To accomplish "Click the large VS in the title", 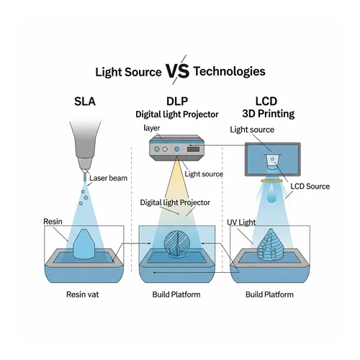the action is point(178,71).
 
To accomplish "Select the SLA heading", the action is point(85,102).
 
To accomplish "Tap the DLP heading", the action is point(177,102).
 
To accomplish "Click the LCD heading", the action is point(266,102).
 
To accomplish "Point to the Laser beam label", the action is point(108,178).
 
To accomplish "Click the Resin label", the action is point(53,222).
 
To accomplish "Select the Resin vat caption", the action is point(82,294).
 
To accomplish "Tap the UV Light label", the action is point(241,222).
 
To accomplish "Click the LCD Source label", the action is point(310,186).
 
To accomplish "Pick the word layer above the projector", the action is point(152,128).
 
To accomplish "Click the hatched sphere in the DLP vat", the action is point(176,244).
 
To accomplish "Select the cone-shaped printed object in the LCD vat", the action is point(270,245).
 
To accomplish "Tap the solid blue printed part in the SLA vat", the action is point(84,244).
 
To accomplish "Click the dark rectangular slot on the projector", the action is point(193,149).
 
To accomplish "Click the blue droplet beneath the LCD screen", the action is point(271,194).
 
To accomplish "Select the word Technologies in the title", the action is point(230,71).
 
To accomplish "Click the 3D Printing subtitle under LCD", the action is point(269,114).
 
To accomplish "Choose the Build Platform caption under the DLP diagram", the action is point(176,294).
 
